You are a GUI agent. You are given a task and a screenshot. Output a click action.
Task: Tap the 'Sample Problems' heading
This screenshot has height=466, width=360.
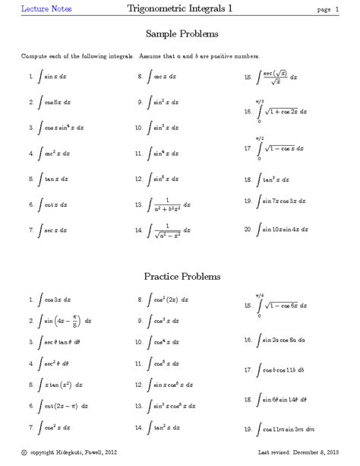181,35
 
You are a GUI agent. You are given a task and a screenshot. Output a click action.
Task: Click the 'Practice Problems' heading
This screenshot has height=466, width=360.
180,274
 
